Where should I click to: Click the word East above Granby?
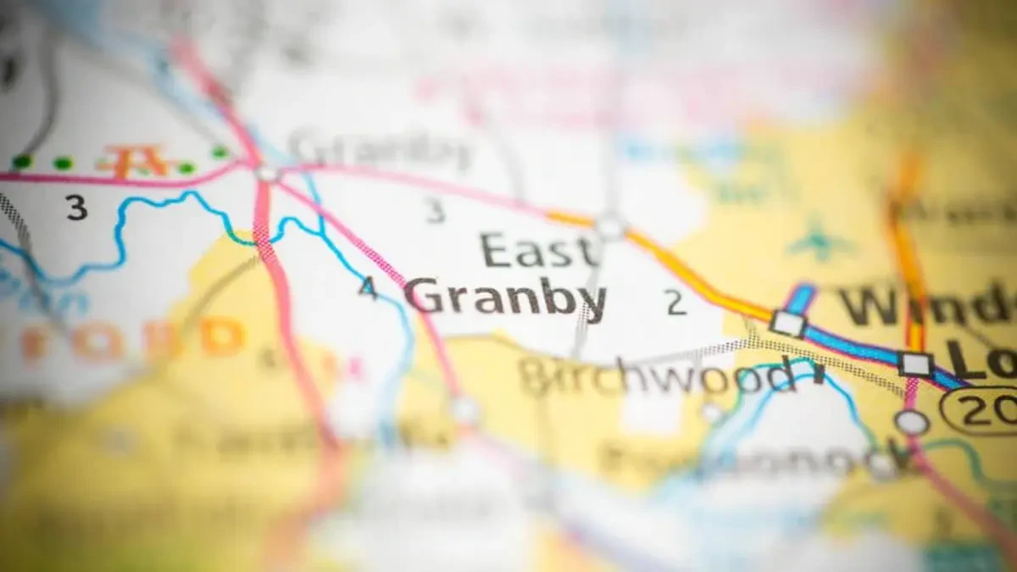click(539, 252)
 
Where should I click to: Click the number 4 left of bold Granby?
click(367, 288)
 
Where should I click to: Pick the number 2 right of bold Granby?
click(675, 303)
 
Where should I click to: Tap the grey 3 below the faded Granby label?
click(435, 211)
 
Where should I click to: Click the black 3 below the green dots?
click(76, 208)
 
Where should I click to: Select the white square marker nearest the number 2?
click(787, 323)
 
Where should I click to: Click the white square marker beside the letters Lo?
click(915, 364)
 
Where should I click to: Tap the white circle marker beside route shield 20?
click(911, 421)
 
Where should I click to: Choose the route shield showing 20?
click(983, 413)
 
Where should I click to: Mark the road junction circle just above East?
click(609, 226)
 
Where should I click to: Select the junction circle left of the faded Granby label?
click(267, 173)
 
